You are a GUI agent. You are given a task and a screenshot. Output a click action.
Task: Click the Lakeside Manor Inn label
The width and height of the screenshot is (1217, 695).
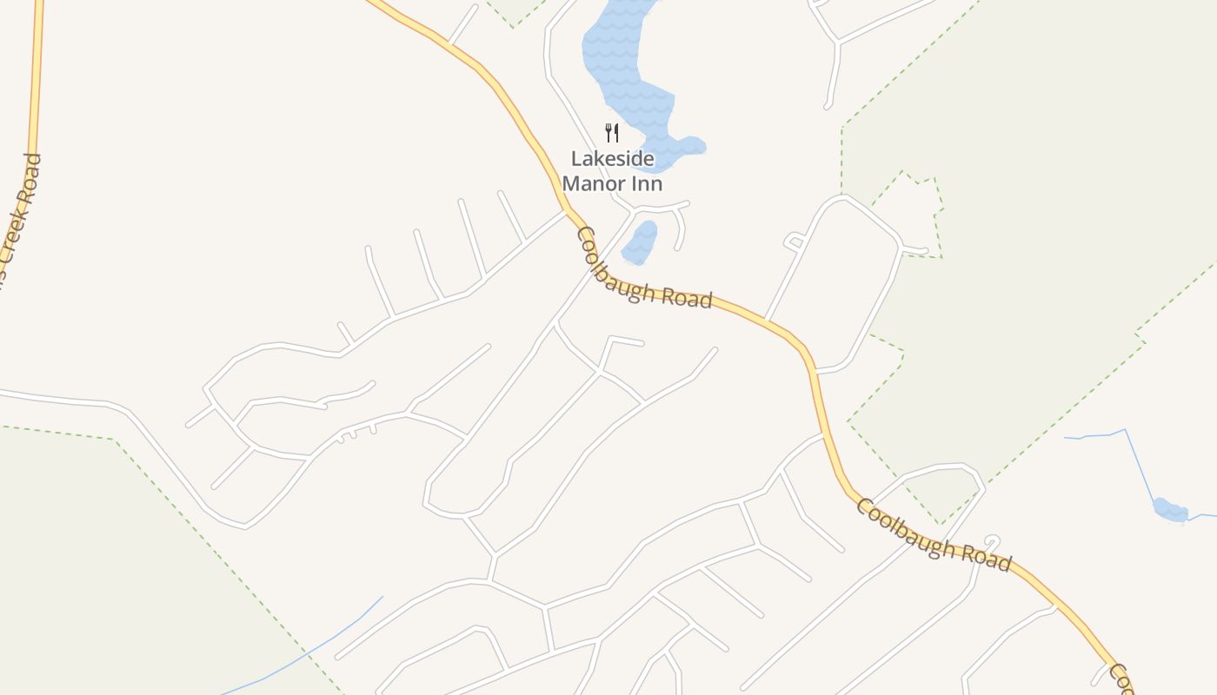pyautogui.click(x=612, y=171)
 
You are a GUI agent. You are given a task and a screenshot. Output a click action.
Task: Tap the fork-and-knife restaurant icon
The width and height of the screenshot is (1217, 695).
pyautogui.click(x=612, y=133)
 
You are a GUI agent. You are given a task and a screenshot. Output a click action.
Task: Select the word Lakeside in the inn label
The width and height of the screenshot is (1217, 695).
pyautogui.click(x=612, y=159)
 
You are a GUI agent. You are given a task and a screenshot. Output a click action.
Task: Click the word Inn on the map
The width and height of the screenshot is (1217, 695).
pyautogui.click(x=648, y=183)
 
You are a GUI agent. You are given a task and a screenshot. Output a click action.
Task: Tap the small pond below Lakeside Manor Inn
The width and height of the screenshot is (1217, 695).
pyautogui.click(x=641, y=242)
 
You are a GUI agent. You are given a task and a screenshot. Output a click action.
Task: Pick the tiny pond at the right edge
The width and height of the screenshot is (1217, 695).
pyautogui.click(x=1170, y=510)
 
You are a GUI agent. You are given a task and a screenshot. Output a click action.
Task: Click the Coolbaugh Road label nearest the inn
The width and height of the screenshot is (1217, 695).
pyautogui.click(x=644, y=270)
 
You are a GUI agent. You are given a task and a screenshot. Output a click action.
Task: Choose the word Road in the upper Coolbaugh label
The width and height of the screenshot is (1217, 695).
pyautogui.click(x=686, y=296)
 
